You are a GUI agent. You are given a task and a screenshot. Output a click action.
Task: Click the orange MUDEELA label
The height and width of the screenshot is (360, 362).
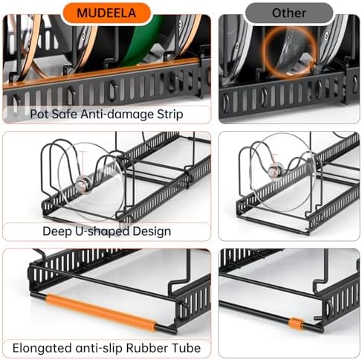point(106,13)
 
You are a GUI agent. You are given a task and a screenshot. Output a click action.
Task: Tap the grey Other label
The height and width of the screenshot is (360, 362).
point(289,13)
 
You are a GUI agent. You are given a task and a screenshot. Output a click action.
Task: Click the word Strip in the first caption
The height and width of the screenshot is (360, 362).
point(170,115)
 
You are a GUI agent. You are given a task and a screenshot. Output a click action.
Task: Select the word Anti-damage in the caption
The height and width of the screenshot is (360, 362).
point(117,115)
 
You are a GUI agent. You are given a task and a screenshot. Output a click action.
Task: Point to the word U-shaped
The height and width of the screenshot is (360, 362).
point(102,231)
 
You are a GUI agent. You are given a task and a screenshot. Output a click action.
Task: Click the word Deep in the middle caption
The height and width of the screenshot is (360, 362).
point(57,231)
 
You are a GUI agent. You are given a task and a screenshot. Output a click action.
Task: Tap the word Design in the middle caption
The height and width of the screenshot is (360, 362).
point(152,231)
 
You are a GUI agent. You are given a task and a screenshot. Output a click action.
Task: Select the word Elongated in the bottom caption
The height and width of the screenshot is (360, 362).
point(42,348)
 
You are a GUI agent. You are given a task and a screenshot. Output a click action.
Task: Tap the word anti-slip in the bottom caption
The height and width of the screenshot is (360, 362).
point(99,348)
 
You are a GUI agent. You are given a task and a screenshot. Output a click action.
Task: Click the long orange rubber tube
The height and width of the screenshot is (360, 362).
point(100,313)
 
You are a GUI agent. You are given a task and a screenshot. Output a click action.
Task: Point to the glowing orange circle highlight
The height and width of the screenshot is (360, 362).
point(290,53)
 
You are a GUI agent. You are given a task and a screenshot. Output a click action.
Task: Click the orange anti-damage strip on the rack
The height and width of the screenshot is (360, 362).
point(102,74)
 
